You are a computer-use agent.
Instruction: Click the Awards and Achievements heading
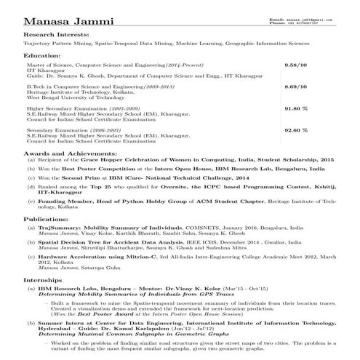[x=68, y=155]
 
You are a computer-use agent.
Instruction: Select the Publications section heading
[x=47, y=217]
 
